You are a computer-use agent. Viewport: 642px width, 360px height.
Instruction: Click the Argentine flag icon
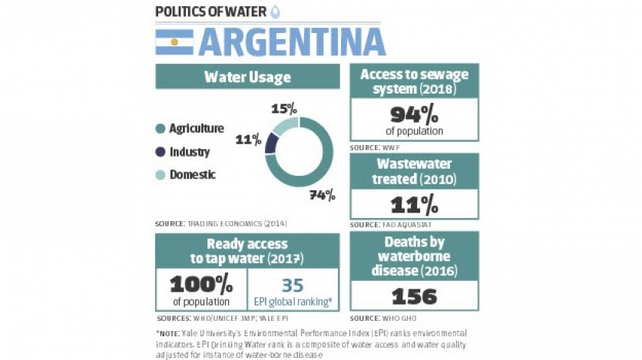[174, 42]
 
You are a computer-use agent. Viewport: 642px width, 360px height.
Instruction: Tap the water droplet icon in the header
[276, 12]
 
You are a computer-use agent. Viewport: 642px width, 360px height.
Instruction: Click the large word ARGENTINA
[292, 42]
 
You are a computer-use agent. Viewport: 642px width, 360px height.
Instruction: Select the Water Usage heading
[247, 78]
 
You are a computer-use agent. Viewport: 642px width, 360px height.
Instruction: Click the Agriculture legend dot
[160, 129]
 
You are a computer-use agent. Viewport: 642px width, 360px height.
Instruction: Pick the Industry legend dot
[160, 152]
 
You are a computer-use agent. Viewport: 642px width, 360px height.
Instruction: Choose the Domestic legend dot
[160, 175]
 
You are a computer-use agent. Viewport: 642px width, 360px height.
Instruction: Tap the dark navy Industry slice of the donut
[271, 143]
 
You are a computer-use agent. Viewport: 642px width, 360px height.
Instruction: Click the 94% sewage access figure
[414, 115]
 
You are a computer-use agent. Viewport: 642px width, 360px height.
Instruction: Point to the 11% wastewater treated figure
[414, 204]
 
